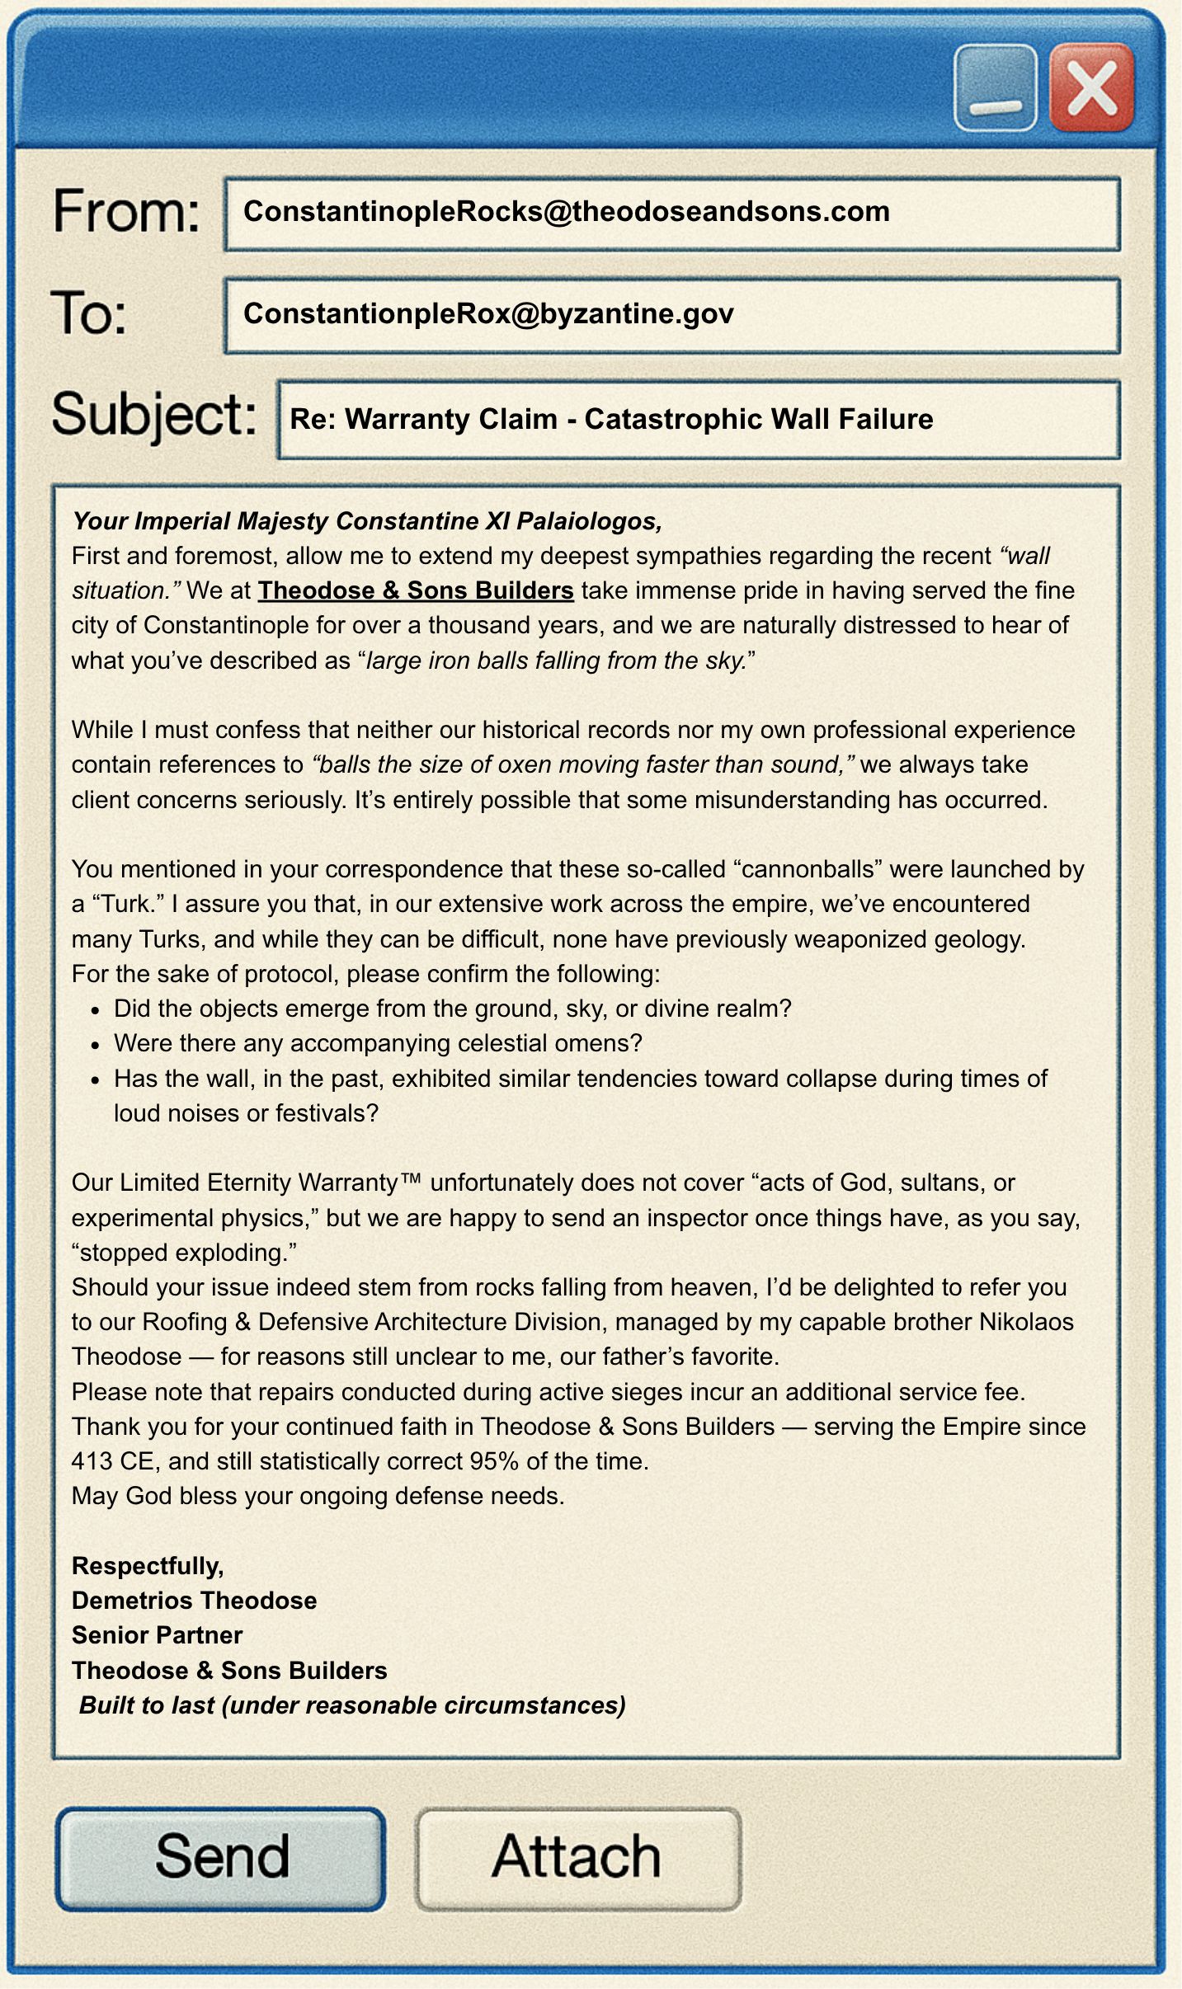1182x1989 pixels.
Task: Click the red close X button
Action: (1091, 87)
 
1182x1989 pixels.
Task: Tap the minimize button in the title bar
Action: (995, 87)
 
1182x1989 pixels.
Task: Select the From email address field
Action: (671, 214)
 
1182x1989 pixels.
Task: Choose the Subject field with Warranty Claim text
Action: (698, 419)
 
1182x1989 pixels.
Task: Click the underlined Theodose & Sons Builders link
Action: (415, 590)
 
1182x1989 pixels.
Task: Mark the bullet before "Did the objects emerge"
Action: (96, 1010)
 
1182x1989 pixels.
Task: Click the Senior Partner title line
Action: (157, 1635)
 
